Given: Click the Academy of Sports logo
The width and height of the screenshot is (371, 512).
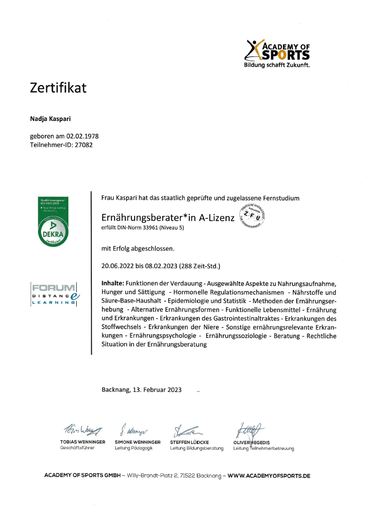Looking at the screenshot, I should (278, 53).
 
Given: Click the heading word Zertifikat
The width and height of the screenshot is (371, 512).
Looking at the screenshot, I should (58, 88).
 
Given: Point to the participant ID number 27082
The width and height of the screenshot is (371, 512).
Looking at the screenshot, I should (83, 145).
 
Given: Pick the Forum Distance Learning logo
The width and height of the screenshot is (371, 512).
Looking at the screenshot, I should (54, 294).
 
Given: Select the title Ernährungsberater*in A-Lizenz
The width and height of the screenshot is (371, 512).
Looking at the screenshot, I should (168, 218).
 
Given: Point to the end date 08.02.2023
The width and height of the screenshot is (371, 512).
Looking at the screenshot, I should (160, 266).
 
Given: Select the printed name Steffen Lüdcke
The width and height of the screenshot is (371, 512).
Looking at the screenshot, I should (189, 442).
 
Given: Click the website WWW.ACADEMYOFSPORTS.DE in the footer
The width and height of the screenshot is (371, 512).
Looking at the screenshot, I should (269, 476).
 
